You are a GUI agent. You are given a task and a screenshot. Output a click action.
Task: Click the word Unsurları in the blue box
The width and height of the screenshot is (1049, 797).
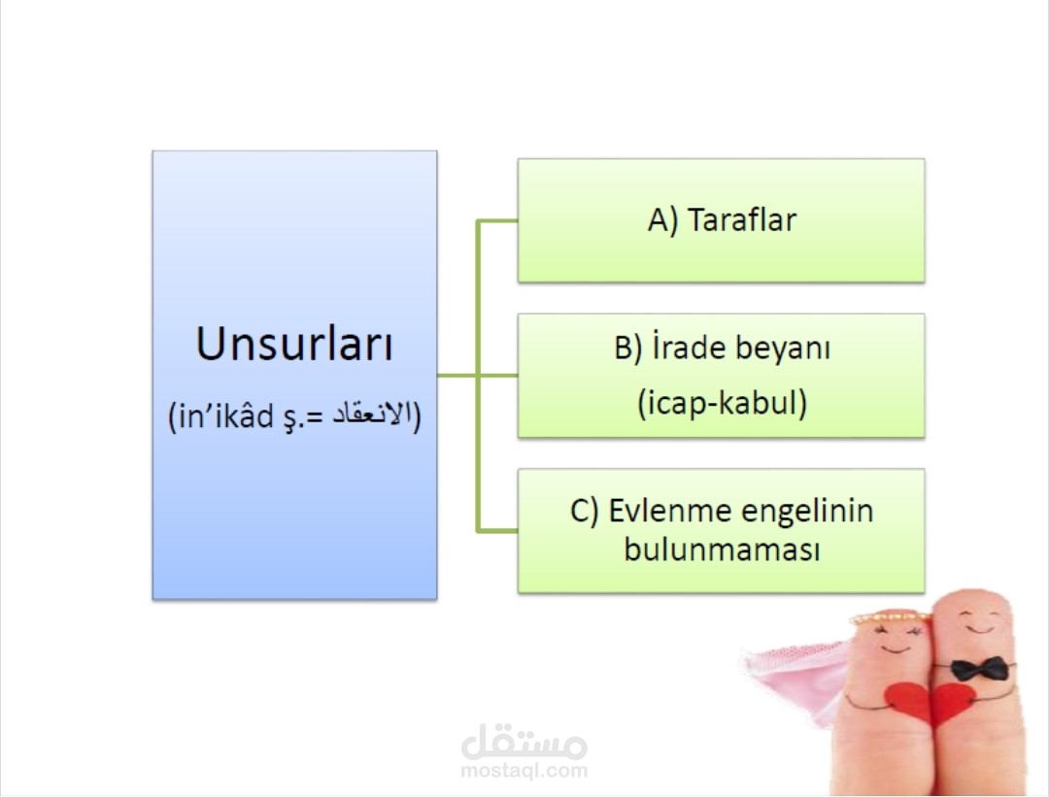tap(294, 344)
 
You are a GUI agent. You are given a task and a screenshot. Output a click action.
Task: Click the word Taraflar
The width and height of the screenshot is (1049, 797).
tap(742, 220)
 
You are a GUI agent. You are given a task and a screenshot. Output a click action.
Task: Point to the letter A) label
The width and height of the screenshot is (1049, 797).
tap(663, 220)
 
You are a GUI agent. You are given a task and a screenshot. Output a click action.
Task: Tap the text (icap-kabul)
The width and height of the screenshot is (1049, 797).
tap(722, 403)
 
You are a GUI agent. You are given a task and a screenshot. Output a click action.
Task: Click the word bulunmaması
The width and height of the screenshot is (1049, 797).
tap(722, 549)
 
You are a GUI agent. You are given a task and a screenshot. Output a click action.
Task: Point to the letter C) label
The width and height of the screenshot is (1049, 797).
tap(584, 512)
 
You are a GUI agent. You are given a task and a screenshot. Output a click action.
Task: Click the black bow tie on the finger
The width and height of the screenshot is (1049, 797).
tap(979, 669)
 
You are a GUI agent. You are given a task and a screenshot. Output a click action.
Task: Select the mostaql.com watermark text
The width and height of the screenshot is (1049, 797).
tap(524, 770)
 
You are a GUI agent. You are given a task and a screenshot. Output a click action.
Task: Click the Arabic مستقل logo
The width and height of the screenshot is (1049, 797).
tap(524, 742)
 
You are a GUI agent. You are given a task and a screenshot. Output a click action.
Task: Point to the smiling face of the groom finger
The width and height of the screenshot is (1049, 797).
tap(977, 621)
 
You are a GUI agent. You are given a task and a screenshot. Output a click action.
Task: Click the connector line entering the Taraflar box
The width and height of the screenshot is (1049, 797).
tap(497, 220)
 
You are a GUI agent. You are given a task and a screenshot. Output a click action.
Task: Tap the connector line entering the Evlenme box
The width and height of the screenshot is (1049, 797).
tap(497, 531)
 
